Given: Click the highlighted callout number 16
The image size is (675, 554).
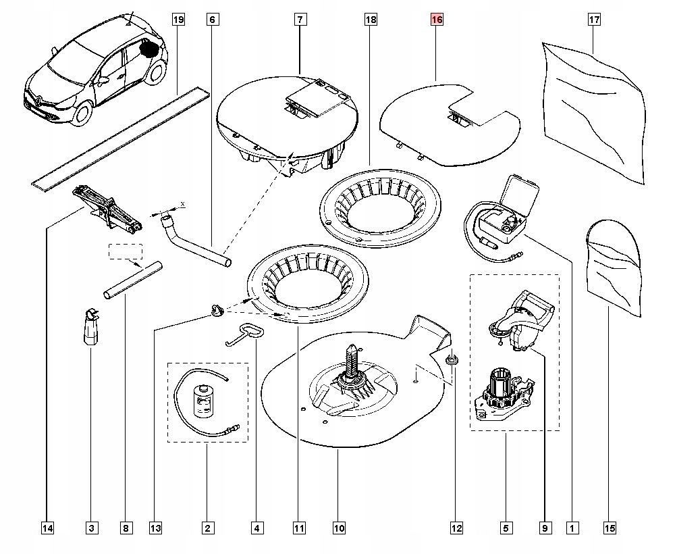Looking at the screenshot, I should pyautogui.click(x=437, y=20).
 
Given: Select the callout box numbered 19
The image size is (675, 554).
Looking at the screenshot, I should pyautogui.click(x=178, y=20).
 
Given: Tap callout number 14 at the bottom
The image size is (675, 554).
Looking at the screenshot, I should pyautogui.click(x=47, y=528).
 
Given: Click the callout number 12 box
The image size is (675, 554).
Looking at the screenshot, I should pyautogui.click(x=457, y=528).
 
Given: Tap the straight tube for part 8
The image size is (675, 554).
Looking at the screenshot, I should pyautogui.click(x=133, y=281).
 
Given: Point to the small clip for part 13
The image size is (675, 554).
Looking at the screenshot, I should pyautogui.click(x=216, y=310).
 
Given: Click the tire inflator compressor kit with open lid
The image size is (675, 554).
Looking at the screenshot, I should pyautogui.click(x=503, y=216).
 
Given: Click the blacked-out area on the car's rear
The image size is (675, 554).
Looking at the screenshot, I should pyautogui.click(x=149, y=49).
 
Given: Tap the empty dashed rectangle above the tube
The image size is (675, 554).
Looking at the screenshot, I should pyautogui.click(x=126, y=251).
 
